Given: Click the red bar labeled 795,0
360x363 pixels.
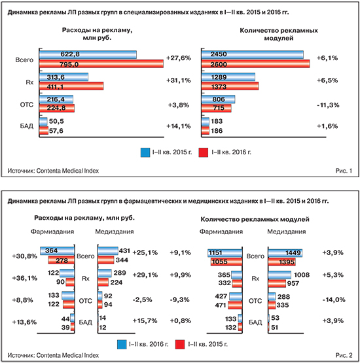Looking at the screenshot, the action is pos(101,64).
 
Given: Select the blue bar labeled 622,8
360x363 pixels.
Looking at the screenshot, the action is pos(88,55).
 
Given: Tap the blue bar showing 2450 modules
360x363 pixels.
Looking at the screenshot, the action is pos(253,55).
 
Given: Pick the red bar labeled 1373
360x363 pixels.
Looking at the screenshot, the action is pos(230,86).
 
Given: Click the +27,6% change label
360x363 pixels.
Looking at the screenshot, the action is pos(179,58).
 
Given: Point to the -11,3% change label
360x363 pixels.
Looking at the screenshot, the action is pos(328,105).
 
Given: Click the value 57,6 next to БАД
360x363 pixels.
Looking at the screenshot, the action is pos(56,131).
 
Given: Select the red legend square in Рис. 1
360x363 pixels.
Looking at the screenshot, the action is pos(204,152).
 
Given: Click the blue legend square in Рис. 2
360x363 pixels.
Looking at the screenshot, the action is pos(122,345).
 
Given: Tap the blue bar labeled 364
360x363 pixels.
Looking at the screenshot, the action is pos(57,251).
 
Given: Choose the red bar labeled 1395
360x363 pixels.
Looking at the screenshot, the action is pos(281,262).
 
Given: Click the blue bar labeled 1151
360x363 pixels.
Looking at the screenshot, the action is pos(225,253).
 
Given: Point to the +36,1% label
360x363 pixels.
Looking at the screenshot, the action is pos(25,278).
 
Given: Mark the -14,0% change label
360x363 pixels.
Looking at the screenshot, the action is pos(334,300).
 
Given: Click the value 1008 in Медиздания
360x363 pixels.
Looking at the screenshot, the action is pos(302,275).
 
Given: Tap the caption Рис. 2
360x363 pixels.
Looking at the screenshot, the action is pos(344,355).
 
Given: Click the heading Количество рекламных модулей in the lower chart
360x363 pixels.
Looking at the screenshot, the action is pos(255,219).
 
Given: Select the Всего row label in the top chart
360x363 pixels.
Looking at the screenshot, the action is pos(24,60).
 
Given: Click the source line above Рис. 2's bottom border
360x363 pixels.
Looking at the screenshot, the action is pos(53,355).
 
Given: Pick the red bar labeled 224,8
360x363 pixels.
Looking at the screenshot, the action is pos(57,108).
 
